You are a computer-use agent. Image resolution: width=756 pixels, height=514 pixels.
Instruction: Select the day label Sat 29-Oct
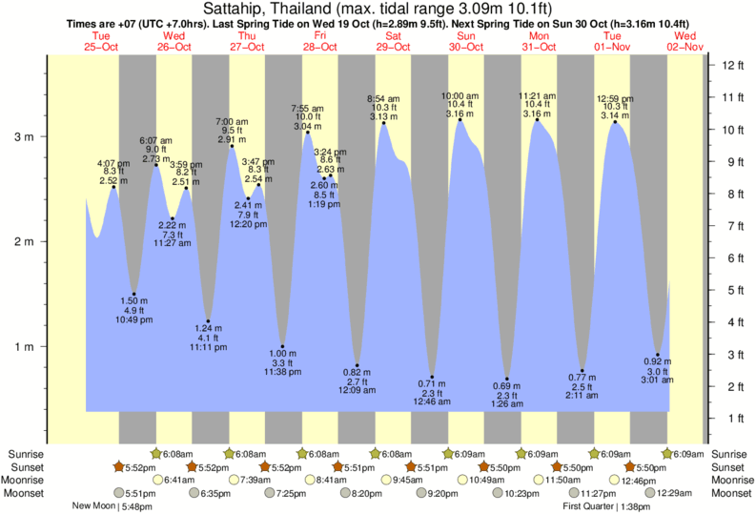pos(393,41)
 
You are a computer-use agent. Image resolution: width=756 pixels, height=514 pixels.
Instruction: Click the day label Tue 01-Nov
pos(612,41)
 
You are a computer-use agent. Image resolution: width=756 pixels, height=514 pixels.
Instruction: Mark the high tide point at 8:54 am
pos(383,123)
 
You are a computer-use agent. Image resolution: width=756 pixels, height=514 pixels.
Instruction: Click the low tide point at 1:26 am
pos(507,379)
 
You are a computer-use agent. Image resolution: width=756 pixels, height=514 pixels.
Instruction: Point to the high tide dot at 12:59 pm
pos(615,122)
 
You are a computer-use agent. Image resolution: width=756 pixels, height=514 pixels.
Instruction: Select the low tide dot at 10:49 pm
pos(134,295)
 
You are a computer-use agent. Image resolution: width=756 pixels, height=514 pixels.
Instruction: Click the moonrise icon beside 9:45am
pos(386,480)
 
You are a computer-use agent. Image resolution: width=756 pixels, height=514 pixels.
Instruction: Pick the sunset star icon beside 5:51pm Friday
pos(338,466)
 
